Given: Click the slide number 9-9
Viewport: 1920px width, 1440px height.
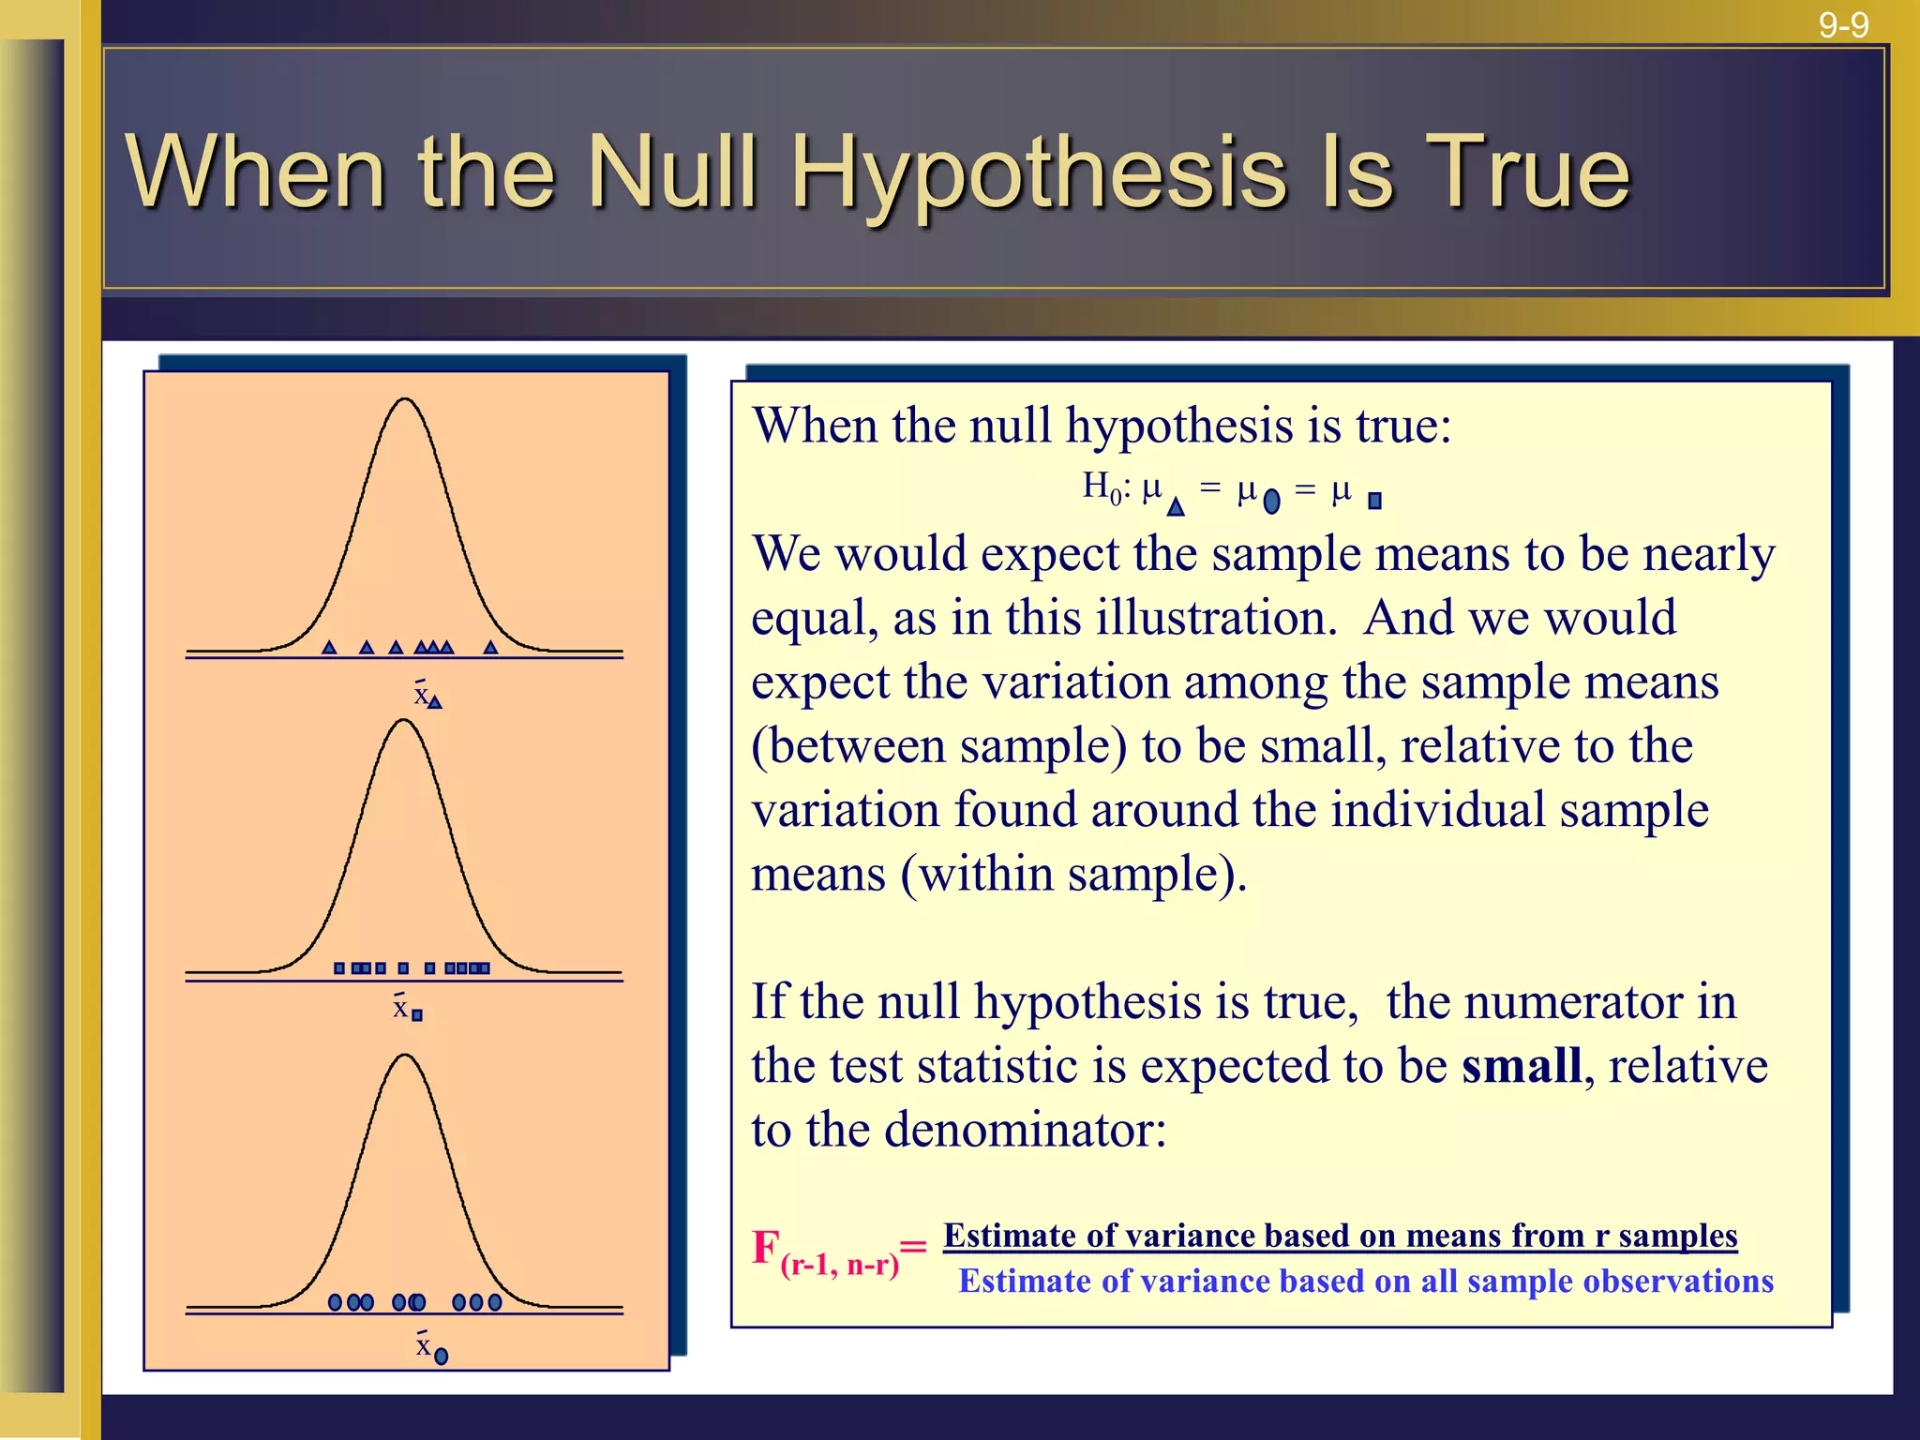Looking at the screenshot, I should [1843, 24].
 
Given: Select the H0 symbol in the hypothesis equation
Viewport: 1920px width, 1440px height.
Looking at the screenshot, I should [1102, 487].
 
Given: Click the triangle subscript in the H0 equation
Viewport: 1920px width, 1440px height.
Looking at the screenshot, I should [1176, 506].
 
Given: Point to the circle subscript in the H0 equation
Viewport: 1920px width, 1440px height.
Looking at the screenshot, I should [1271, 502].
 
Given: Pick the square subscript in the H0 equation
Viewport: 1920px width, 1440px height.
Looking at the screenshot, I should [1374, 502].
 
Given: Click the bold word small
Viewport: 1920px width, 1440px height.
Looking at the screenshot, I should [1522, 1067].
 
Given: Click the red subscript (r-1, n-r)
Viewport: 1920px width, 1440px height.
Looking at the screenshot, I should [839, 1266].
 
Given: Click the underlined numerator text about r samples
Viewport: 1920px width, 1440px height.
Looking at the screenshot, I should [1340, 1236].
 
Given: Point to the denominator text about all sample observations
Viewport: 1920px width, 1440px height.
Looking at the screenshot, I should [1365, 1282].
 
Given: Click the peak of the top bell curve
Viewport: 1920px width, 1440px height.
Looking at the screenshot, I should [405, 400].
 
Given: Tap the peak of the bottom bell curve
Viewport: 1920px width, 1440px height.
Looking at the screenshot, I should [405, 1056].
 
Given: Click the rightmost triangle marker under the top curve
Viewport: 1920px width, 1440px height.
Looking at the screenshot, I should [490, 647].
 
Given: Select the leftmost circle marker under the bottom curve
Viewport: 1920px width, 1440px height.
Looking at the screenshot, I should [335, 1302].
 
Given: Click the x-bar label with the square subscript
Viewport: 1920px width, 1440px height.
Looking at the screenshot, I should [406, 1009].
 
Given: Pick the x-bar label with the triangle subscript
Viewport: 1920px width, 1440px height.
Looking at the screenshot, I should [427, 696].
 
